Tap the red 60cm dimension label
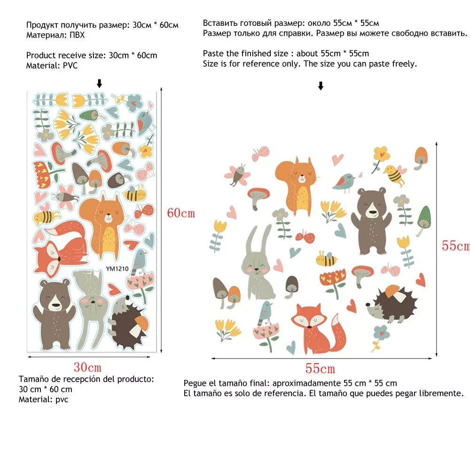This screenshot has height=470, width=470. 181,213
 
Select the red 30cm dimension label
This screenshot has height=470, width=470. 87,367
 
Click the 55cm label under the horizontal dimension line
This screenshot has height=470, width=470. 321,369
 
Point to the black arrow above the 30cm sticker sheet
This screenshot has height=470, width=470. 99,84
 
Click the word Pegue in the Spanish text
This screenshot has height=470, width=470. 195,384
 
